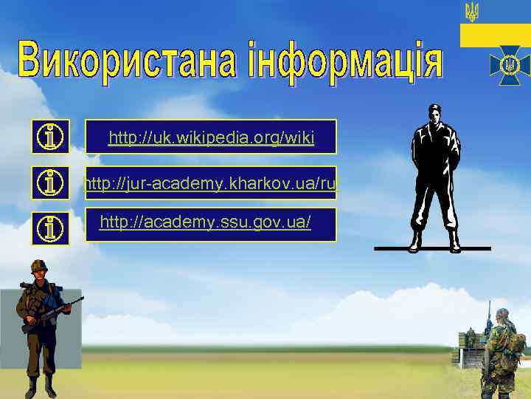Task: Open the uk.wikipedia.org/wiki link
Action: [211, 137]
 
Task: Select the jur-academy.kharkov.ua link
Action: [211, 183]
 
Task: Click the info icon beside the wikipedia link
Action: [52, 137]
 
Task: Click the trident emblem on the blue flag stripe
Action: [471, 11]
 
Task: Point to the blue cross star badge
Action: [509, 65]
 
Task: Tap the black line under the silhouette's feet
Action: [432, 248]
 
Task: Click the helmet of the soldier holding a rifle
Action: [38, 266]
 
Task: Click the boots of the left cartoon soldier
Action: [40, 386]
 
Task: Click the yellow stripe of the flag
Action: [495, 34]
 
